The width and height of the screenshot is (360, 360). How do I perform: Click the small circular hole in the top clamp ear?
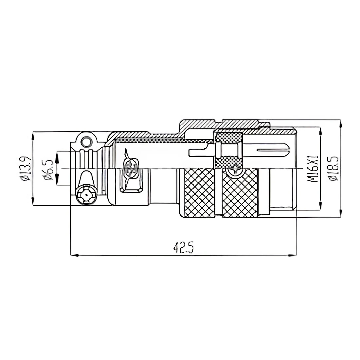[86, 142]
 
